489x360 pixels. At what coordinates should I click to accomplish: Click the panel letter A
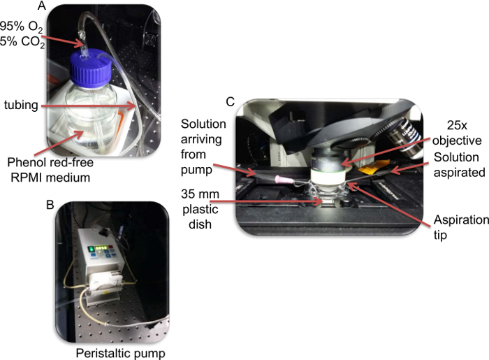point(41,6)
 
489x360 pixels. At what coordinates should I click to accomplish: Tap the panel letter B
point(50,205)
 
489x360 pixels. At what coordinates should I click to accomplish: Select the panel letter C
point(230,101)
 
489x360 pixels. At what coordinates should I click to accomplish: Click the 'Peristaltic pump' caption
point(120,354)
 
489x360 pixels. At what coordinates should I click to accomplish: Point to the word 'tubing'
point(21,105)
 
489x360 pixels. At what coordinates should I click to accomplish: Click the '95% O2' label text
point(21,27)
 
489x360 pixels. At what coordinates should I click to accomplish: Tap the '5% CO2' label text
point(22,42)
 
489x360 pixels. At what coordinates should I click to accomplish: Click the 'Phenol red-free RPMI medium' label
point(50,170)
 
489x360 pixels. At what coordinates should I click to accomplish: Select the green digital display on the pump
point(102,247)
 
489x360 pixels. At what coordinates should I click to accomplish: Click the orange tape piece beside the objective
point(373,166)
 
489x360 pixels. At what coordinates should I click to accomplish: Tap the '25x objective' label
point(457,133)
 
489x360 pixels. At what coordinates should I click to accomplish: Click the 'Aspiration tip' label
point(461,227)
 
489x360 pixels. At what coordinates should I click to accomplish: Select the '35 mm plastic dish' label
point(200,209)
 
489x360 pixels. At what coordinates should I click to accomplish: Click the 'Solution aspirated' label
point(460,164)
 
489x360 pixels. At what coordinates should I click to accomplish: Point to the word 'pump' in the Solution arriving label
point(196,171)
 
